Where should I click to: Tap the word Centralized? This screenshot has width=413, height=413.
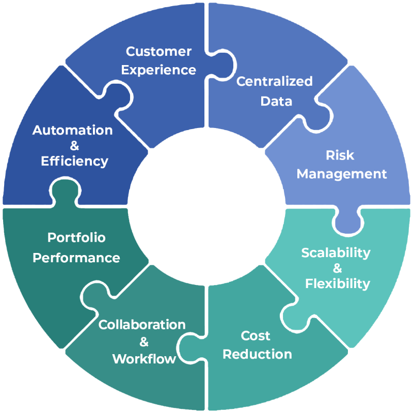coord(274,82)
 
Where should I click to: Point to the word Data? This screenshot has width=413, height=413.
coord(276,101)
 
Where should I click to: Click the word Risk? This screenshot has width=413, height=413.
coord(340,155)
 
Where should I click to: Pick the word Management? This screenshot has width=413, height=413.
coord(341,174)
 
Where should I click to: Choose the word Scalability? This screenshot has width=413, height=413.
coord(336,252)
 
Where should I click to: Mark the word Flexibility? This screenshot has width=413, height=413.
coord(338,283)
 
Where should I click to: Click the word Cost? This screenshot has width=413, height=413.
coord(256,336)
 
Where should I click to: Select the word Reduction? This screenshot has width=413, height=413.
coord(257,355)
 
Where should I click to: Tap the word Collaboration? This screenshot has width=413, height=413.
coord(142,325)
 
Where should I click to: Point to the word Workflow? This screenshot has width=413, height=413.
coord(144,358)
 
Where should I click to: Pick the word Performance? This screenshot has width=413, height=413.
coord(76,257)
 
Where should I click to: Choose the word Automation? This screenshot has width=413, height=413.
coord(72,130)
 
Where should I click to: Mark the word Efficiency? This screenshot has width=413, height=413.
coord(74,161)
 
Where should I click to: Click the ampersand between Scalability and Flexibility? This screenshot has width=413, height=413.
coord(337,268)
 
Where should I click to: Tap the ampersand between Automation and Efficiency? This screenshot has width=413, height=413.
coord(74,146)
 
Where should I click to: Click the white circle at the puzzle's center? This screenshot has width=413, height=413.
coord(206,206)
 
